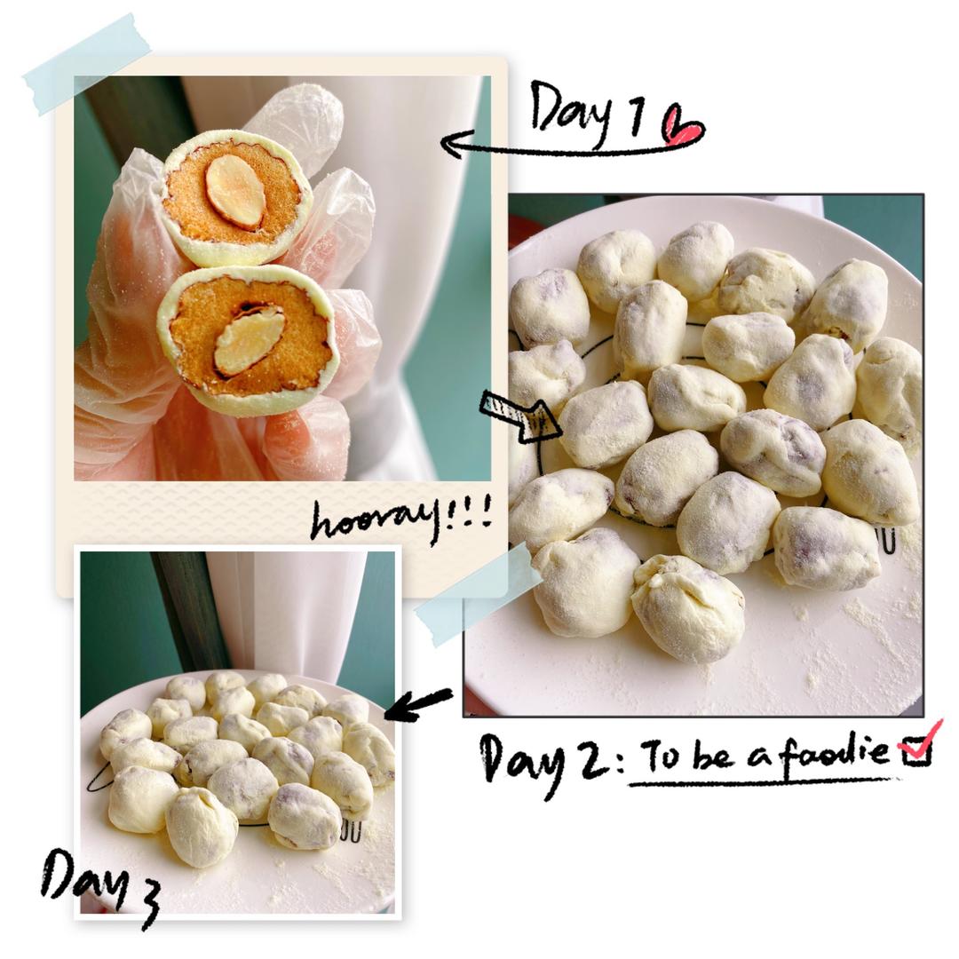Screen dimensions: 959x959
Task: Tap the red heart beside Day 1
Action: click(x=683, y=126)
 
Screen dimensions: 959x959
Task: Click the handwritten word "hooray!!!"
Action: click(x=400, y=519)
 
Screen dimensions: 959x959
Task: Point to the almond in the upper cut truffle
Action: click(x=235, y=192)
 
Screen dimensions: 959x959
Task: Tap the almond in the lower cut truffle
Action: click(x=250, y=341)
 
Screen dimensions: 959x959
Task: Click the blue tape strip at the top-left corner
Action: click(x=87, y=64)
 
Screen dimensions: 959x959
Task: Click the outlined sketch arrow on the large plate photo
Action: click(x=520, y=416)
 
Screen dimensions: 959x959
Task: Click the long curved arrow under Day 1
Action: click(x=569, y=148)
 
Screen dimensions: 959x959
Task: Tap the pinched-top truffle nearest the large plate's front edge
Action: click(x=687, y=608)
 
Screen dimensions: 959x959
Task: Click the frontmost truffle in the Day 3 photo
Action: click(x=202, y=827)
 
